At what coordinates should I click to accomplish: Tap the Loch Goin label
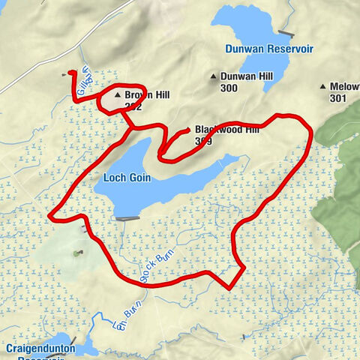click(124, 178)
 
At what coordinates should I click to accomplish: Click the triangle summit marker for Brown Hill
click(117, 95)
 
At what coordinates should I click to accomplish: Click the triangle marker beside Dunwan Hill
click(214, 76)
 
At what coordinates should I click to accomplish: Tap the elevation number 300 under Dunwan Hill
click(229, 88)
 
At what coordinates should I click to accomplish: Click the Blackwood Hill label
click(226, 129)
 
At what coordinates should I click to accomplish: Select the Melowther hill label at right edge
click(345, 86)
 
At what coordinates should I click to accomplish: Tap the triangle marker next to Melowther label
click(323, 86)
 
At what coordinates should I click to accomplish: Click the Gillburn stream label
click(85, 76)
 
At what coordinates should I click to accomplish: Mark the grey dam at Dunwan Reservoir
click(284, 32)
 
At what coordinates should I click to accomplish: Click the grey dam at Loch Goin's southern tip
click(127, 218)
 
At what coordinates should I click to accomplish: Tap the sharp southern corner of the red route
click(228, 286)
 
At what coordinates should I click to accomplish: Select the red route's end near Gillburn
click(70, 73)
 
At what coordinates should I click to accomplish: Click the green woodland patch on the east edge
click(341, 195)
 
